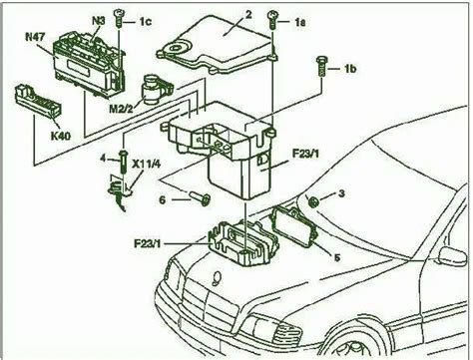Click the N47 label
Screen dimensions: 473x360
pyautogui.click(x=35, y=37)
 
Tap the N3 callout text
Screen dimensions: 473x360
pyautogui.click(x=99, y=21)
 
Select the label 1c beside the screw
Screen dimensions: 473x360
pyautogui.click(x=145, y=22)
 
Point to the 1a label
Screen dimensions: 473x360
pyautogui.click(x=299, y=22)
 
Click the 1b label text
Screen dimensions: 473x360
pyautogui.click(x=349, y=69)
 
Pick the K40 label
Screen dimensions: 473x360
pyautogui.click(x=61, y=136)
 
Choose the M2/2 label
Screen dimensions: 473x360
pyautogui.click(x=121, y=109)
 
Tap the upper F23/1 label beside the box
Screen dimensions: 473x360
pyautogui.click(x=305, y=154)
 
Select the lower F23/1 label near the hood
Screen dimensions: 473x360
pyautogui.click(x=148, y=243)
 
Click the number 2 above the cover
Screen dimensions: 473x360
pyautogui.click(x=248, y=15)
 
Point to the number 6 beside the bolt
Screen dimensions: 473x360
pyautogui.click(x=163, y=199)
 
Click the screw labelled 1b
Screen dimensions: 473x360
pyautogui.click(x=322, y=67)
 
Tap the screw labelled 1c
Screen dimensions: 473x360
pyautogui.click(x=119, y=19)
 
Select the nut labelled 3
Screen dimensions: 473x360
pyautogui.click(x=312, y=201)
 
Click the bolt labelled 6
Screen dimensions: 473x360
pyautogui.click(x=199, y=198)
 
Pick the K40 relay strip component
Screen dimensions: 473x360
pyautogui.click(x=39, y=101)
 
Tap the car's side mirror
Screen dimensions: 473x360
pyautogui.click(x=452, y=256)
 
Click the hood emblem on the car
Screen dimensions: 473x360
pyautogui.click(x=217, y=278)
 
